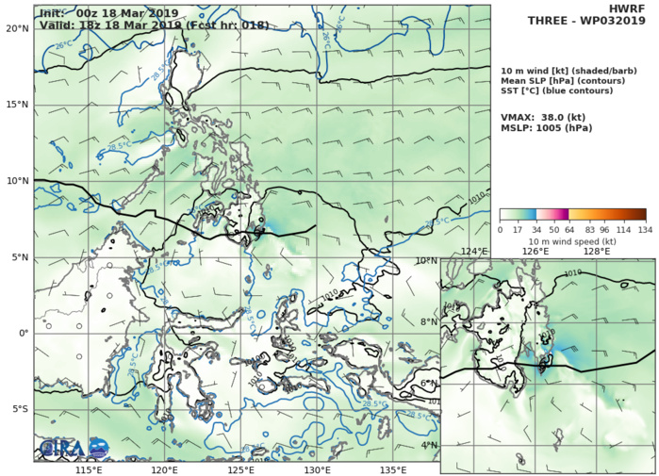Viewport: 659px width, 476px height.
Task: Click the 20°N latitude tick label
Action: pos(15,28)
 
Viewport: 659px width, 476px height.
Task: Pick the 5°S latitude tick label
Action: pos(18,409)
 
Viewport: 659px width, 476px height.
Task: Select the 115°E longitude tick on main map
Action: pos(89,469)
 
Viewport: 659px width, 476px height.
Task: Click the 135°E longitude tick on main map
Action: pos(393,469)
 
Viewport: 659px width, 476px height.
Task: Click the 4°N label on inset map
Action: pos(427,446)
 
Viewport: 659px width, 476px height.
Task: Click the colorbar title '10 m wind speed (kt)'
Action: pos(572,241)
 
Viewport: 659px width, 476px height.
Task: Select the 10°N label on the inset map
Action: pos(425,260)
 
